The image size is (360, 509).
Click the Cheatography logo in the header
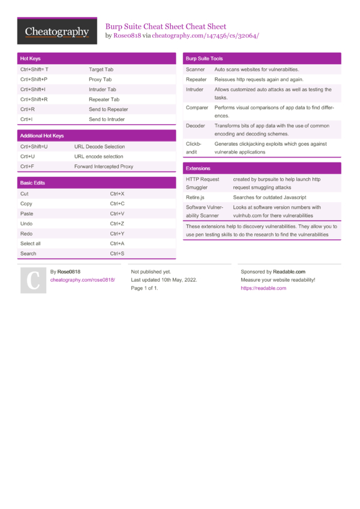click(57, 32)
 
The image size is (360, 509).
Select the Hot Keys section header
click(96, 59)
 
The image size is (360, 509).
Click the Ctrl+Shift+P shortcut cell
click(34, 79)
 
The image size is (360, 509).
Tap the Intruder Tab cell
click(103, 89)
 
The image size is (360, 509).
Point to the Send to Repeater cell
click(109, 109)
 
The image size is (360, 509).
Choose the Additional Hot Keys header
click(96, 136)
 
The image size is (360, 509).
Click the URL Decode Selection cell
click(100, 146)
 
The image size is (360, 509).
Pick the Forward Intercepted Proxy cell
click(104, 167)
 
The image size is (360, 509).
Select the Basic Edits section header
click(96, 183)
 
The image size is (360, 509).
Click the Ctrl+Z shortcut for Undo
click(117, 224)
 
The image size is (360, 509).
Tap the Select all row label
click(31, 243)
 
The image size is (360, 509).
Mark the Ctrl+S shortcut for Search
click(117, 254)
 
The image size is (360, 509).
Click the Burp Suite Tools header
click(262, 59)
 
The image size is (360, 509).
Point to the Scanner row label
click(196, 70)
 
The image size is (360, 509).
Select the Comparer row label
click(196, 107)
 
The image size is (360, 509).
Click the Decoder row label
click(196, 126)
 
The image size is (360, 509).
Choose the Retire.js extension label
click(195, 197)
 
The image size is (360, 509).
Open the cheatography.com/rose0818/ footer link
click(82, 280)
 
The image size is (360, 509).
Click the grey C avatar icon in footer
click(34, 280)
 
